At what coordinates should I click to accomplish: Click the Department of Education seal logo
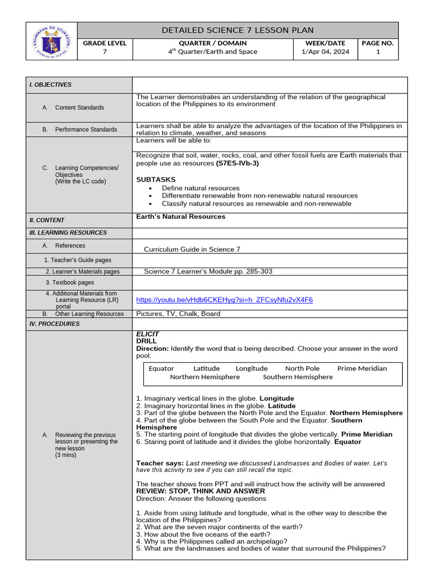[52, 41]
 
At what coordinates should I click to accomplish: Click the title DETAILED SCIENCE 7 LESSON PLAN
[237, 30]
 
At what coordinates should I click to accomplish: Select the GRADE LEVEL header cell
[105, 43]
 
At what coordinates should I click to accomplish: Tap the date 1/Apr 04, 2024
[325, 52]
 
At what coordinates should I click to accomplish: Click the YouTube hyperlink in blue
[224, 299]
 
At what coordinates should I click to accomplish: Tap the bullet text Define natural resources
[200, 188]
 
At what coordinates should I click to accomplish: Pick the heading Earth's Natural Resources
[180, 217]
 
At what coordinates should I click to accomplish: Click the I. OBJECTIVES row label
[51, 85]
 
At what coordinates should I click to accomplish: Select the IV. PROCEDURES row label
[55, 324]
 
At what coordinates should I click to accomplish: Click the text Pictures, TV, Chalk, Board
[178, 314]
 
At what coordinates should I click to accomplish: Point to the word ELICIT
[147, 334]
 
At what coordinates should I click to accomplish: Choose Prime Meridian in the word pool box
[361, 368]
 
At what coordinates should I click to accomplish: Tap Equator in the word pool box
[161, 368]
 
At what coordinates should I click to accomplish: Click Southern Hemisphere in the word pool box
[298, 377]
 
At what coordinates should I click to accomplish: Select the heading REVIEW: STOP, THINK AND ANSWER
[200, 491]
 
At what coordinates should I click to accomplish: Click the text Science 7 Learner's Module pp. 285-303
[208, 272]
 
